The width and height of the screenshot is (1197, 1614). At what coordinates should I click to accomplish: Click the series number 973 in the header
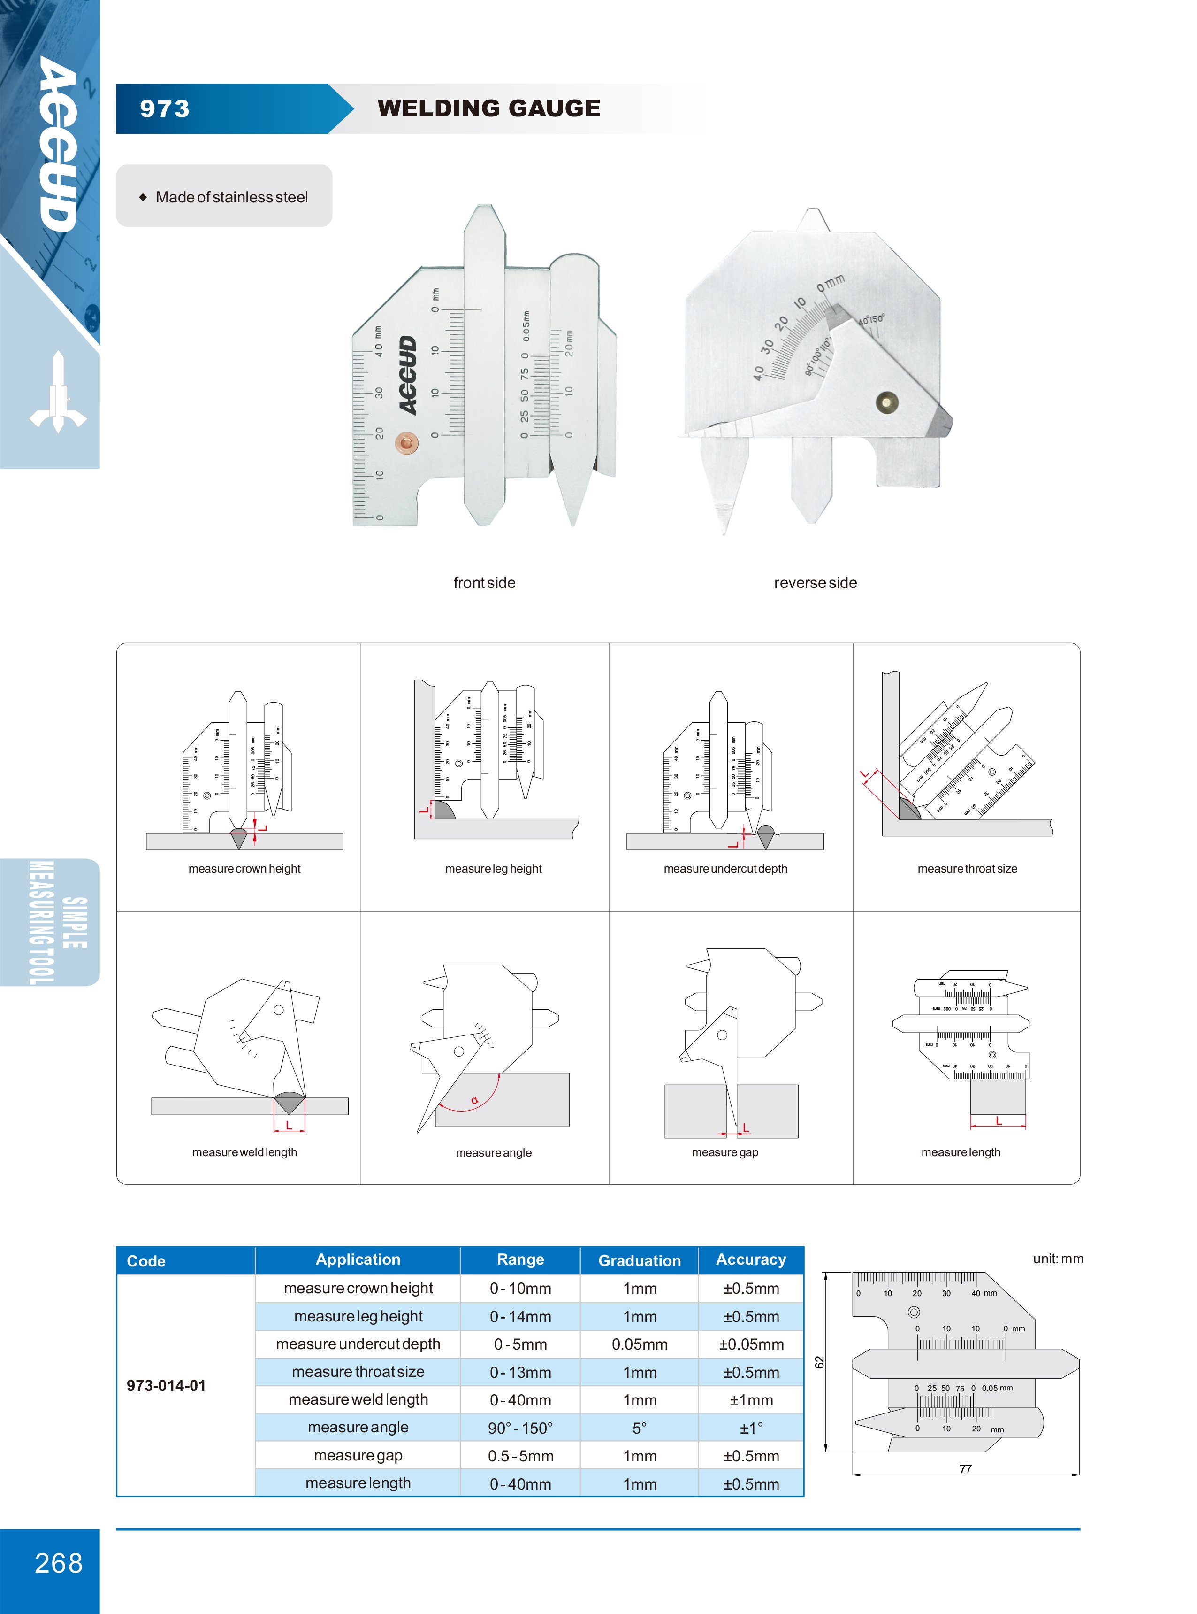tap(165, 109)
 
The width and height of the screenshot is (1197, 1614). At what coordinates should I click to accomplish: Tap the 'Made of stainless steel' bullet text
tap(231, 197)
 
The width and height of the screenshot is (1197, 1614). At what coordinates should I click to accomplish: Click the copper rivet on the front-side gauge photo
tap(406, 442)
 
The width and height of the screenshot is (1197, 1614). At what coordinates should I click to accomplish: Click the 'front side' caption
tap(484, 583)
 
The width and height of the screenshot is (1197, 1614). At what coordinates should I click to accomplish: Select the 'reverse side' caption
tap(815, 583)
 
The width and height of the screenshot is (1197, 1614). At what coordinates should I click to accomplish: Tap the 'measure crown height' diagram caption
tap(244, 869)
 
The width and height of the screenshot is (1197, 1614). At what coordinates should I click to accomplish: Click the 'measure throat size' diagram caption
tap(967, 869)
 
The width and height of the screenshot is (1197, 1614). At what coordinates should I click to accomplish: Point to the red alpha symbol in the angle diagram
tap(474, 1100)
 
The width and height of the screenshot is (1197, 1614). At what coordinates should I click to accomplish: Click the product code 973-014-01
tap(166, 1386)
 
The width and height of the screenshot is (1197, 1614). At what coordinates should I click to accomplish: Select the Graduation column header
tap(639, 1261)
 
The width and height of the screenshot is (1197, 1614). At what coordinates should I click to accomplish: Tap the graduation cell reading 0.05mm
tap(639, 1344)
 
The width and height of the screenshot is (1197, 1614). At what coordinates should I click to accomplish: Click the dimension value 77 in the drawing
tap(965, 1469)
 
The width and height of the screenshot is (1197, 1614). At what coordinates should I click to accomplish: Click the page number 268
tap(59, 1563)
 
